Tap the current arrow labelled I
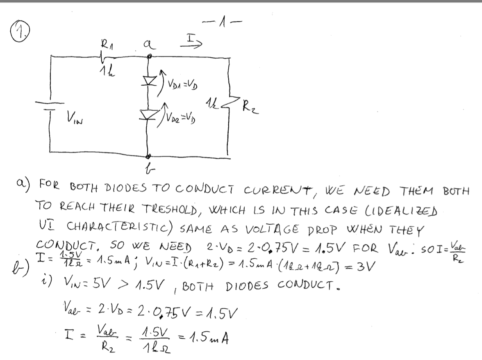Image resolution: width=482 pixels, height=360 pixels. click(x=193, y=41)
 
